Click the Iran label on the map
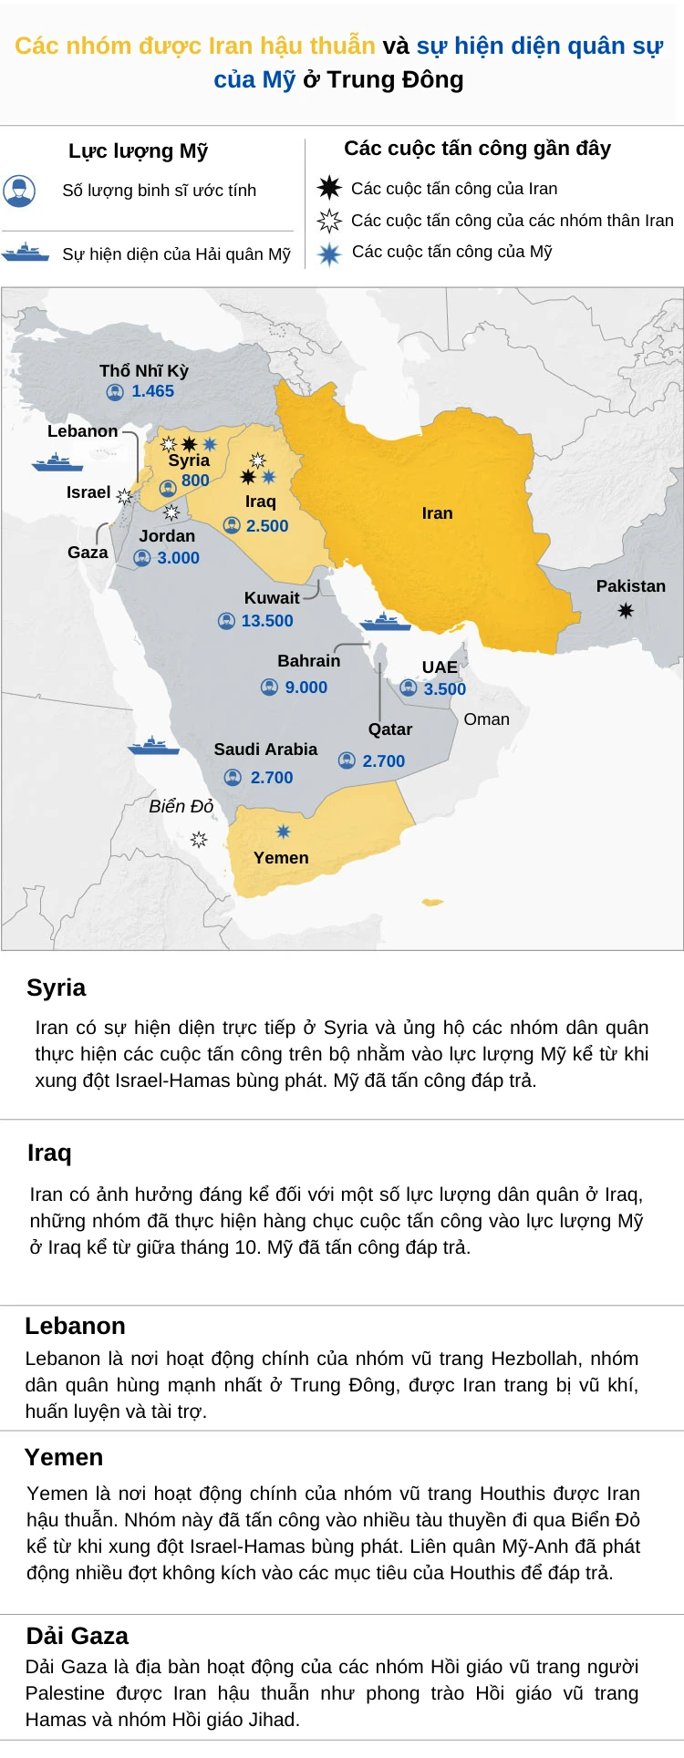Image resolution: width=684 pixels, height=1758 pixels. [437, 513]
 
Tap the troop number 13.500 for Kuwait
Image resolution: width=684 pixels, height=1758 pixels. [267, 621]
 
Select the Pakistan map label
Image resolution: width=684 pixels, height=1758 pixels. [630, 586]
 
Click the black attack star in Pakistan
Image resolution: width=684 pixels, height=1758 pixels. [626, 610]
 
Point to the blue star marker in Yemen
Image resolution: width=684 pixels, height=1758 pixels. [284, 832]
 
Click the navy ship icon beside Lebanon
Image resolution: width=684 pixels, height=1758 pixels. [57, 462]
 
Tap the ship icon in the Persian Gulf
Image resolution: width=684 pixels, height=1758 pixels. [386, 623]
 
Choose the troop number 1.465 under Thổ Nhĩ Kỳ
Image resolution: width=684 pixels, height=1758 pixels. [152, 391]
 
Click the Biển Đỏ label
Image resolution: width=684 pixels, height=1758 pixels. [181, 806]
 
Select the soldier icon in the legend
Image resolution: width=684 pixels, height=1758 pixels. [19, 191]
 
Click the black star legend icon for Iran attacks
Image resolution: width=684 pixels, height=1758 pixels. [328, 189]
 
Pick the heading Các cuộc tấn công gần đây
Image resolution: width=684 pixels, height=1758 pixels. [477, 149]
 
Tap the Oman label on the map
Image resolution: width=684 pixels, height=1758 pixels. [486, 719]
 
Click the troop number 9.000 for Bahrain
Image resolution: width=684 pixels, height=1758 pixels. [306, 688]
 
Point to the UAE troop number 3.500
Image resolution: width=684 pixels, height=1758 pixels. [444, 689]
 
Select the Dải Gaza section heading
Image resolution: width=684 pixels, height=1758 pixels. [77, 1636]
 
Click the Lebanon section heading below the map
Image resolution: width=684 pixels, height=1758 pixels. [75, 1326]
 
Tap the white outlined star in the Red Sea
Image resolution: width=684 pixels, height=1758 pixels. [199, 839]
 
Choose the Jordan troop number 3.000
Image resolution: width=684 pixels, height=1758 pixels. [178, 558]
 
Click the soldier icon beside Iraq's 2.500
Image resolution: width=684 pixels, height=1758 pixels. [232, 526]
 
